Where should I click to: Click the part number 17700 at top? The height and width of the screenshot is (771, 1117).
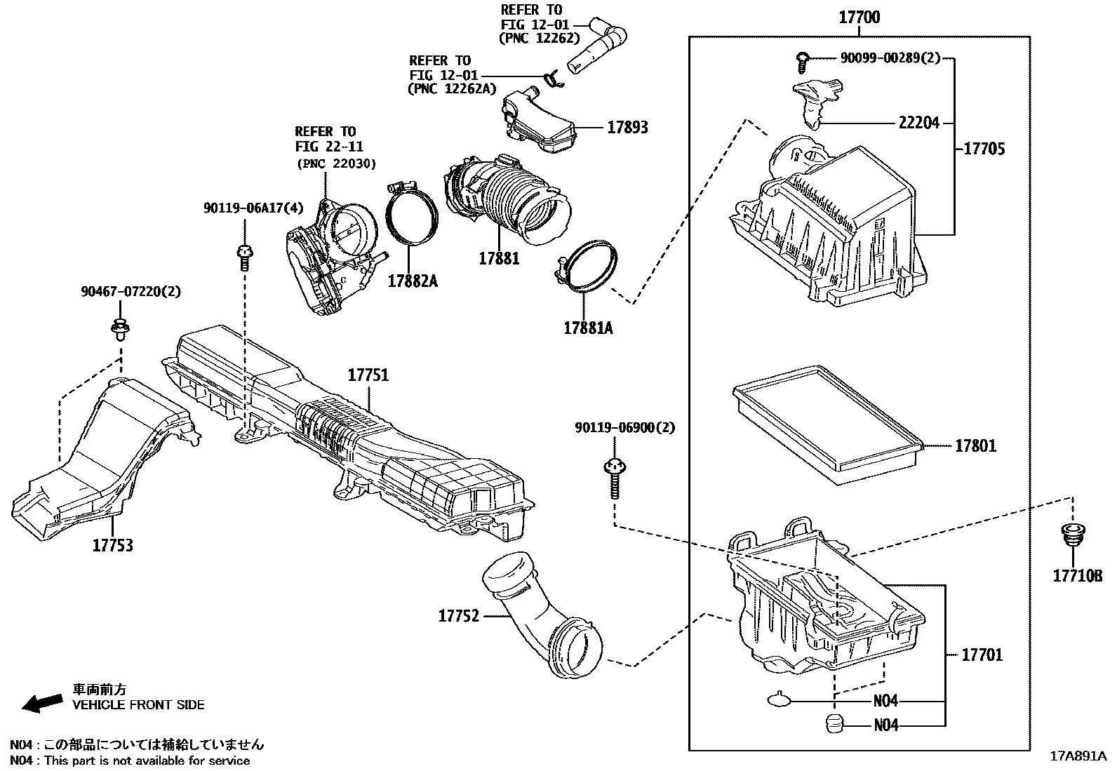click(860, 17)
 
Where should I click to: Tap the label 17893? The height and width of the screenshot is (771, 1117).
click(627, 128)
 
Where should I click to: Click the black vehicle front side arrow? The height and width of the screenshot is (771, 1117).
click(41, 702)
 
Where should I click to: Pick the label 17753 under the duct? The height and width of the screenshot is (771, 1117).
click(112, 545)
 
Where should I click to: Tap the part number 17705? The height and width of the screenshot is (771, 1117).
click(984, 149)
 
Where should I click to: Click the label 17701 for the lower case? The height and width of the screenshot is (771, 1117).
click(982, 655)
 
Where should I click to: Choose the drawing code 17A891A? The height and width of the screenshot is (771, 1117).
click(1077, 756)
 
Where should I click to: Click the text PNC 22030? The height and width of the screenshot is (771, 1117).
click(336, 163)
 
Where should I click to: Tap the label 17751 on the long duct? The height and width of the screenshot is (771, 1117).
click(368, 375)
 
